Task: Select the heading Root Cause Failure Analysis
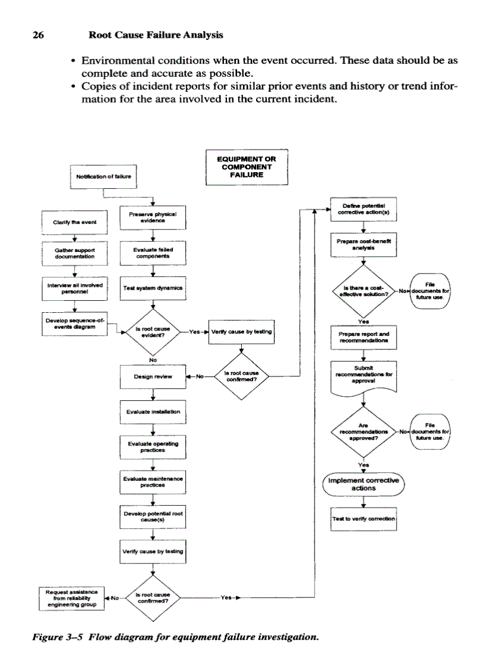pos(155,35)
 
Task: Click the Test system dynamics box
pos(154,288)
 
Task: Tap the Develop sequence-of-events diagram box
pos(74,323)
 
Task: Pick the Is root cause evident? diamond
pos(154,332)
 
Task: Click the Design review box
pos(154,376)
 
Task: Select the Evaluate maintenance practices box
pos(154,482)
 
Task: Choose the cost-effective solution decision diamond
pos(363,292)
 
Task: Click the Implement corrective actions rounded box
pos(363,483)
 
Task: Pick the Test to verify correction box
pos(363,518)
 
